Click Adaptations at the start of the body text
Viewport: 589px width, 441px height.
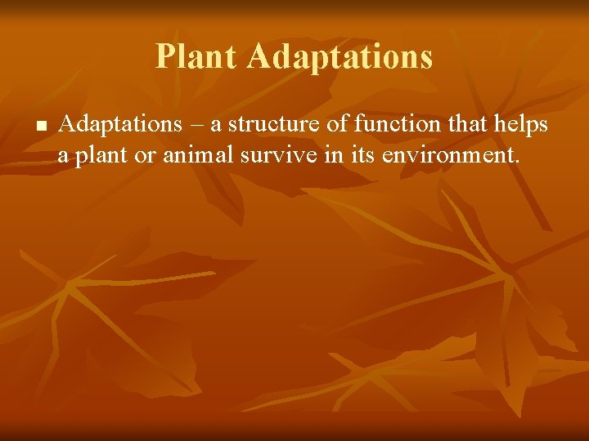121,124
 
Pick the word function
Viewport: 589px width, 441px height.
391,124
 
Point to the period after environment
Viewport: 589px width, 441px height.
516,160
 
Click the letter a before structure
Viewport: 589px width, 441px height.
216,126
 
